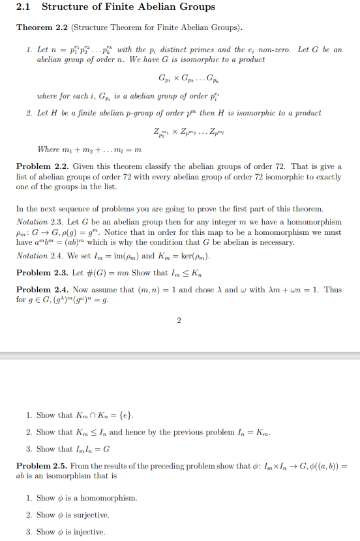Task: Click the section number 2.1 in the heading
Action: point(25,7)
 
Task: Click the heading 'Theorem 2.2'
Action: point(42,27)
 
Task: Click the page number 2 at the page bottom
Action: point(178,320)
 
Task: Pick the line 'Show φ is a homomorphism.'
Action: point(86,498)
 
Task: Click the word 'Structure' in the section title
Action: point(65,7)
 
